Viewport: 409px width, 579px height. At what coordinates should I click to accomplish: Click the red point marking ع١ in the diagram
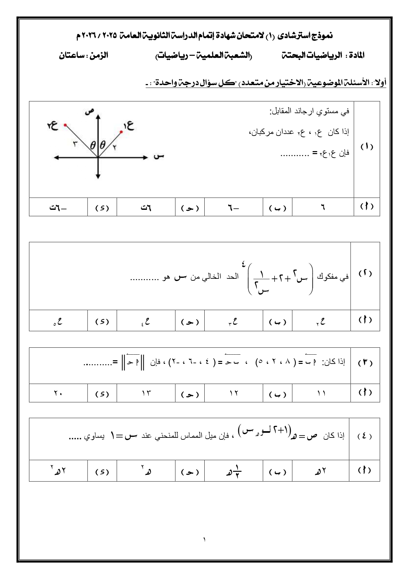[x=121, y=132]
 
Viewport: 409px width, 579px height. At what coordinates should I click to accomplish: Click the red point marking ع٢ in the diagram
[x=65, y=125]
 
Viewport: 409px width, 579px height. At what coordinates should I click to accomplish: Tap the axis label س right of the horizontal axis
[x=159, y=156]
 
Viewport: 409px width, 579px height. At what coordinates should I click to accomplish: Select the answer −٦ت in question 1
[x=58, y=208]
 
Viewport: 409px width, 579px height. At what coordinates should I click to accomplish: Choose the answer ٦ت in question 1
[x=146, y=208]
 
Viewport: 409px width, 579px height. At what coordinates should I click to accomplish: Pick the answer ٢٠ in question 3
[x=58, y=393]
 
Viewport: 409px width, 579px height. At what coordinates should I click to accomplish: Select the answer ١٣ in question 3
[x=146, y=393]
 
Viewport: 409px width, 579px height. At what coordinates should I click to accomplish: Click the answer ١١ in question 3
[x=321, y=393]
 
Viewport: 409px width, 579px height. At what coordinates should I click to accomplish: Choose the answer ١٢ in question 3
[x=234, y=393]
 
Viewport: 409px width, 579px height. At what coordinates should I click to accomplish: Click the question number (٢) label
[x=365, y=273]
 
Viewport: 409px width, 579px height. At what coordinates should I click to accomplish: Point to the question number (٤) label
[x=365, y=436]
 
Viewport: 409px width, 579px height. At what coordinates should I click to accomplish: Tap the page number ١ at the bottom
[x=204, y=540]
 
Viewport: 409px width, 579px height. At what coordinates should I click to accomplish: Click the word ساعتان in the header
[x=71, y=55]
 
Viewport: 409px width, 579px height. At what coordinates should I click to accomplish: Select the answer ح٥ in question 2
[x=58, y=321]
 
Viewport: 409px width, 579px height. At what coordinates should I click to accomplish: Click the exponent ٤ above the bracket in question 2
[x=243, y=263]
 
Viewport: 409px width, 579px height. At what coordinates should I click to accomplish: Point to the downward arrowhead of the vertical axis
[x=98, y=177]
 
